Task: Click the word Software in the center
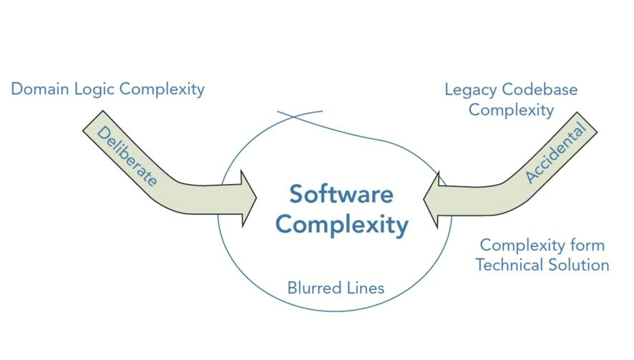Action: pos(341,194)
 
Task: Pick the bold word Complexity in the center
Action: pos(341,225)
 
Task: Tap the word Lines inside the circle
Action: pos(366,288)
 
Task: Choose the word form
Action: pos(588,245)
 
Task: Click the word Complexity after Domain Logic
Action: pos(162,89)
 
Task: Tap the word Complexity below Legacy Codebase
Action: pos(511,110)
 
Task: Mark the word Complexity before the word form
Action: pos(522,245)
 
